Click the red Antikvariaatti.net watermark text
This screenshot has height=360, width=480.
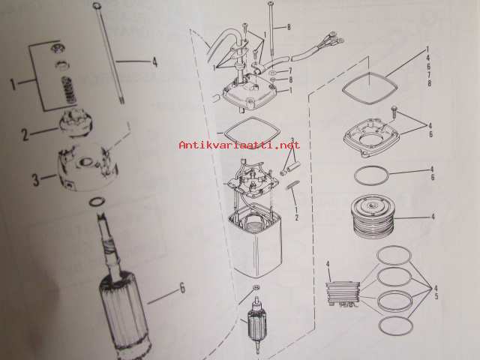(239, 145)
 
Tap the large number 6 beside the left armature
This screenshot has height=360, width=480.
(182, 288)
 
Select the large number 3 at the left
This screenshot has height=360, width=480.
(36, 180)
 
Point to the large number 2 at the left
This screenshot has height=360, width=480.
(25, 134)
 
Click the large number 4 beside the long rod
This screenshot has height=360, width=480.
(154, 61)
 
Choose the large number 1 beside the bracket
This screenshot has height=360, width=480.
(13, 84)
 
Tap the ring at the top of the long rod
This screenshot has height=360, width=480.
(96, 5)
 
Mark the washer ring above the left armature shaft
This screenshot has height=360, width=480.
(97, 202)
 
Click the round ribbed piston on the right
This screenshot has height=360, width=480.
(373, 217)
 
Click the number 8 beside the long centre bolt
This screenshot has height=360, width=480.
(288, 27)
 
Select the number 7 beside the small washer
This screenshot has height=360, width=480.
(290, 71)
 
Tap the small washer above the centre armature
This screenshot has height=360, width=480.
(256, 287)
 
